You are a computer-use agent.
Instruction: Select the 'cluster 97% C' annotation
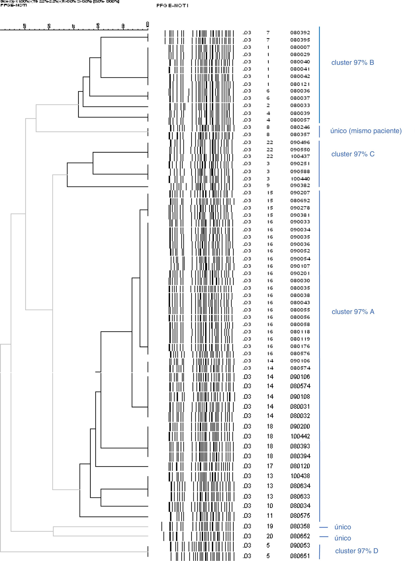(353, 154)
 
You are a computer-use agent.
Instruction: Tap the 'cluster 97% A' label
(353, 312)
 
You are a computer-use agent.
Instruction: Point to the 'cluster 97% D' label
(356, 551)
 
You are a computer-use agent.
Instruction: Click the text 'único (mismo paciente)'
(366, 131)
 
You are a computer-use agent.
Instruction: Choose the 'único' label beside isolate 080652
(343, 538)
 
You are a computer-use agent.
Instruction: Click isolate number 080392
(300, 33)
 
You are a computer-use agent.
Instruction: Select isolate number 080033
(300, 105)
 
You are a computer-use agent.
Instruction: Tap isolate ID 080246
(300, 127)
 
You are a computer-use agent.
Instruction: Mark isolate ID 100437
(300, 156)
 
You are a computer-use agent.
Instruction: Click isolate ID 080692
(300, 201)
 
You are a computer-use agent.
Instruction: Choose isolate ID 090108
(300, 397)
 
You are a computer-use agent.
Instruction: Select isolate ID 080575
(300, 515)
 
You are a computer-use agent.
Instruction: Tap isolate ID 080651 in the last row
(300, 556)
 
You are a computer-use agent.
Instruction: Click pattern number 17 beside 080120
(270, 466)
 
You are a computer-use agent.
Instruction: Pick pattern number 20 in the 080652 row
(270, 536)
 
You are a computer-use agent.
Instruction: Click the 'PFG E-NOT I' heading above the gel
(172, 5)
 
